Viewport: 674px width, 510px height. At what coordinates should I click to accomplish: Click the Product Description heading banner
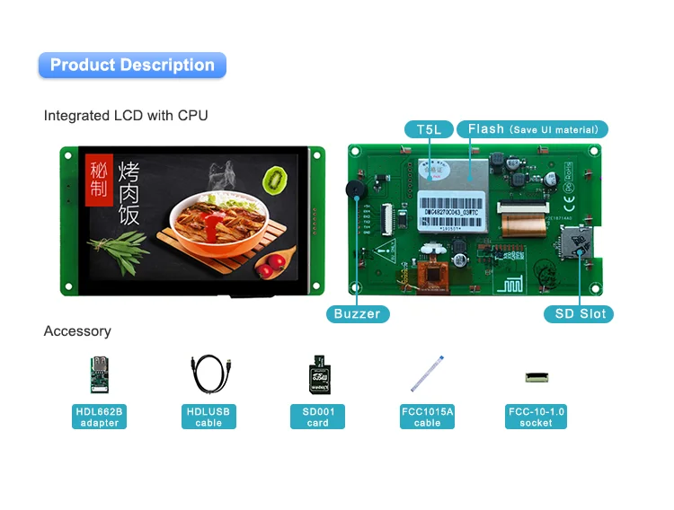tap(132, 65)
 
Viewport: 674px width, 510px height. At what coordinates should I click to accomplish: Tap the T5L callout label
tap(429, 129)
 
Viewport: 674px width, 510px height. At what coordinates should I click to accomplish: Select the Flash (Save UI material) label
tap(533, 129)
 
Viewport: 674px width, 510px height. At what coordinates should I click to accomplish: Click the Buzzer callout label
tap(357, 314)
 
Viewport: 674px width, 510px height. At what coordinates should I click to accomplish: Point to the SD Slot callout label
tap(579, 314)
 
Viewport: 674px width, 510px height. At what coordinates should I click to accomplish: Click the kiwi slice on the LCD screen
tap(274, 179)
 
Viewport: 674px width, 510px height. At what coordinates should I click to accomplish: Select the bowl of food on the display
tap(218, 221)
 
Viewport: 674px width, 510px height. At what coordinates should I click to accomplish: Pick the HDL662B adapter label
tap(99, 417)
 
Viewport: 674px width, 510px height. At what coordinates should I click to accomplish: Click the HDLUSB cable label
tap(208, 417)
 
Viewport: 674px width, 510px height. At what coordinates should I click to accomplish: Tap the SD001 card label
tap(318, 417)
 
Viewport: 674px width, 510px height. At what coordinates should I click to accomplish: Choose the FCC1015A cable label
tap(427, 417)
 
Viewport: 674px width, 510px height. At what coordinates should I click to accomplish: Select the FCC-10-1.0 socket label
tap(537, 417)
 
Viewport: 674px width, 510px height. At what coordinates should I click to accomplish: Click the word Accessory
tap(77, 331)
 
